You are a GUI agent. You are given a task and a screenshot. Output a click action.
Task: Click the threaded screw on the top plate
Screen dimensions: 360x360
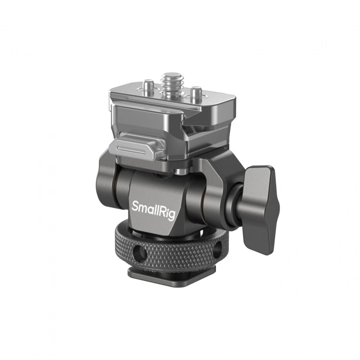[x=171, y=82]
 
